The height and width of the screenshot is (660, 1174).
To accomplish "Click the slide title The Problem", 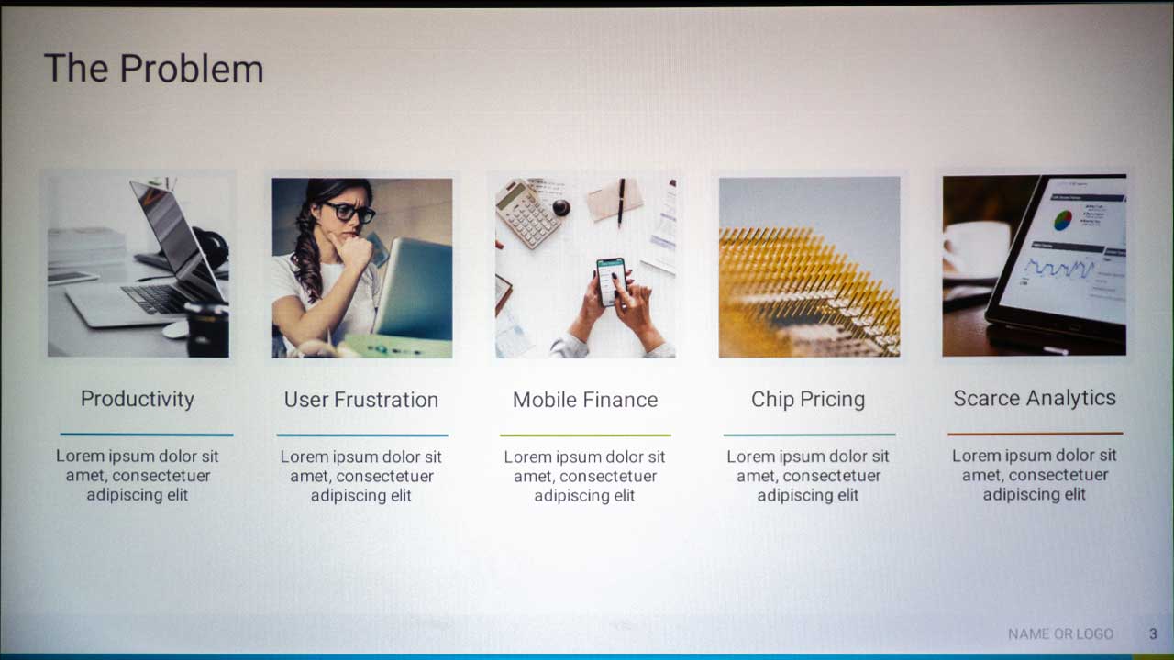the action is (153, 69).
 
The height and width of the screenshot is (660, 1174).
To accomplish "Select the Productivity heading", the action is (138, 399).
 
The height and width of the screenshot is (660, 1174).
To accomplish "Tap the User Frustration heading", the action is (361, 400).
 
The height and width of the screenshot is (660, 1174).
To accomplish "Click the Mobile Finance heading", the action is (585, 400).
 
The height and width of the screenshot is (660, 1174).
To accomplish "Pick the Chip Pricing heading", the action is (808, 399).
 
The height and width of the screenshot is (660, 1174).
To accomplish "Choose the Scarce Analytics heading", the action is (1034, 398).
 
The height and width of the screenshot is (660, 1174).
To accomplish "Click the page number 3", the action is (1153, 633).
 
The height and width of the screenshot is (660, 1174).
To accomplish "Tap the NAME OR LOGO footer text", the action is (1061, 633).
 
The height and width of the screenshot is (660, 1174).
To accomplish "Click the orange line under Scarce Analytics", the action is (1036, 434).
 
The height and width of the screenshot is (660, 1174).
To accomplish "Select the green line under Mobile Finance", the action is (585, 434).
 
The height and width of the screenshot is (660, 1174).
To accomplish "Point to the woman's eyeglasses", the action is (349, 212).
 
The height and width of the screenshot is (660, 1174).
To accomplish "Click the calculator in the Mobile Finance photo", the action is (528, 214).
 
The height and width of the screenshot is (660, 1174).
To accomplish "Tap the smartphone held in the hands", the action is (612, 280).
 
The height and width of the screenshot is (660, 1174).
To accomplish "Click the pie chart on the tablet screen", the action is (1063, 220).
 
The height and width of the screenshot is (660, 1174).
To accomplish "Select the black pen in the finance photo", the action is (621, 203).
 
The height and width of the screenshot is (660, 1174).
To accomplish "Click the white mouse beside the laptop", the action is (175, 329).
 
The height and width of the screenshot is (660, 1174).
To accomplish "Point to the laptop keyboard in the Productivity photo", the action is (157, 299).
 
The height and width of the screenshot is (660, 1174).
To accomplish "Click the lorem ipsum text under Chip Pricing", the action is (808, 476).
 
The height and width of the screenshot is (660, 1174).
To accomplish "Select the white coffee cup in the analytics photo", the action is (976, 248).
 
